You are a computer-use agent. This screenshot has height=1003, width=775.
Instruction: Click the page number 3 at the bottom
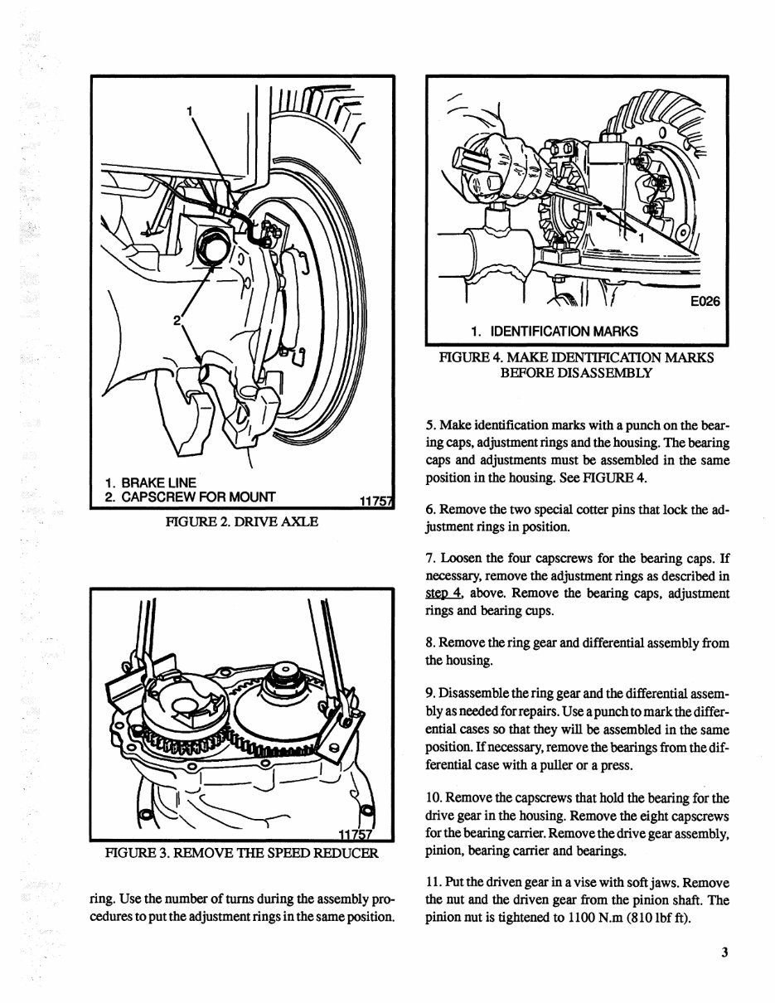(x=724, y=952)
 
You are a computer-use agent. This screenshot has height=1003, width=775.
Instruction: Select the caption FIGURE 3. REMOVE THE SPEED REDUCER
(x=240, y=853)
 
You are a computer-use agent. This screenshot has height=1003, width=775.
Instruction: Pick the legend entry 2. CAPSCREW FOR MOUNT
(x=191, y=497)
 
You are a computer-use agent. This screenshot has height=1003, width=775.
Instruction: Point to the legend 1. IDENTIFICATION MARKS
(x=554, y=331)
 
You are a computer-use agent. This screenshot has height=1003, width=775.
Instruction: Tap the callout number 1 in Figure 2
(x=190, y=110)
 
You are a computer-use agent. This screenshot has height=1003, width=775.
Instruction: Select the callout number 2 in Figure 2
(x=177, y=320)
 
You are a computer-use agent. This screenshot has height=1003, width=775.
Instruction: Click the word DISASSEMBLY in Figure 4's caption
(x=575, y=373)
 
